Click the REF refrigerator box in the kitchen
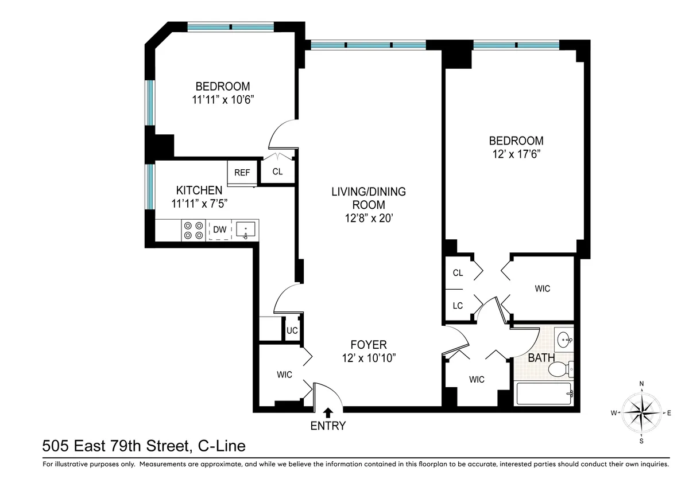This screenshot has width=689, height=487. point(242,172)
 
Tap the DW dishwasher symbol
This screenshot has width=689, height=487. point(219,230)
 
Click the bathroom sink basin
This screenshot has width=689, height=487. point(564,340)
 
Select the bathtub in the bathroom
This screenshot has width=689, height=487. point(543,394)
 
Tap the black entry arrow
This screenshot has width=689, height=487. point(328,412)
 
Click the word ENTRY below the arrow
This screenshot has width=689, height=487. point(328,426)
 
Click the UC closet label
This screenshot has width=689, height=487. point(292,330)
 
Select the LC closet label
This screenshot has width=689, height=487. point(458,306)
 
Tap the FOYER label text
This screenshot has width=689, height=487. point(369,345)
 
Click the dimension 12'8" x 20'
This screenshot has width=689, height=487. point(369,218)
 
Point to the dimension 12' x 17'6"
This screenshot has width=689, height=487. point(516,154)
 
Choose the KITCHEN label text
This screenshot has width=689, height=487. point(199,190)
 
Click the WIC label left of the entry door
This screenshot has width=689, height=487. point(284,375)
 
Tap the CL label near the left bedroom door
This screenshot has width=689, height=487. point(277,172)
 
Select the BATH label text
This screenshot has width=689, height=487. point(541,358)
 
